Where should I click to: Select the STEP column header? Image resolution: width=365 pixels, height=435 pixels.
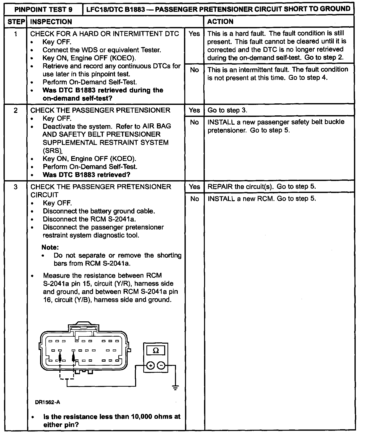coord(16,22)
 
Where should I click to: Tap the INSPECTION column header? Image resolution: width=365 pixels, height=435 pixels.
coord(51,22)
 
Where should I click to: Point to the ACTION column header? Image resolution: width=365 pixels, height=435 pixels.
coord(220,22)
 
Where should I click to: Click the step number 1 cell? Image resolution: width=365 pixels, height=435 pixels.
coord(16,34)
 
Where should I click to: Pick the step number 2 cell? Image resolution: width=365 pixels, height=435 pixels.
coord(16,110)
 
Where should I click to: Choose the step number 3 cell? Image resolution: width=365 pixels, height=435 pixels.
coord(16,187)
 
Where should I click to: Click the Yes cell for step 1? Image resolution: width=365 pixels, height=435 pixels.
coord(194,34)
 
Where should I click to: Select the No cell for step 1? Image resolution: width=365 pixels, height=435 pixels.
coord(194,70)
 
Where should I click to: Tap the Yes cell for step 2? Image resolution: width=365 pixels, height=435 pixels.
coord(194,110)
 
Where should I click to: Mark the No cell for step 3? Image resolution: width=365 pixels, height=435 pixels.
coord(194,199)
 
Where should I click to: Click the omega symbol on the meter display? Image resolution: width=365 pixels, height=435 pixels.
coord(156,351)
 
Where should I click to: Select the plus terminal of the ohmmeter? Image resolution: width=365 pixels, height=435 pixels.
coord(150,366)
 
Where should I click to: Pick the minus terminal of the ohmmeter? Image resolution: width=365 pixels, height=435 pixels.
coord(161,366)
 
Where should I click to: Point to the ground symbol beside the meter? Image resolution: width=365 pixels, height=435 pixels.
coord(175,388)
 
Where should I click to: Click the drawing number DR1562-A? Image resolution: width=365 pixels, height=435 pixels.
coord(48,402)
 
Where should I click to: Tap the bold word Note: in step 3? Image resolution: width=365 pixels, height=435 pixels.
coord(50,247)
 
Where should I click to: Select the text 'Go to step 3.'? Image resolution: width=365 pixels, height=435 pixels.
coord(227,110)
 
